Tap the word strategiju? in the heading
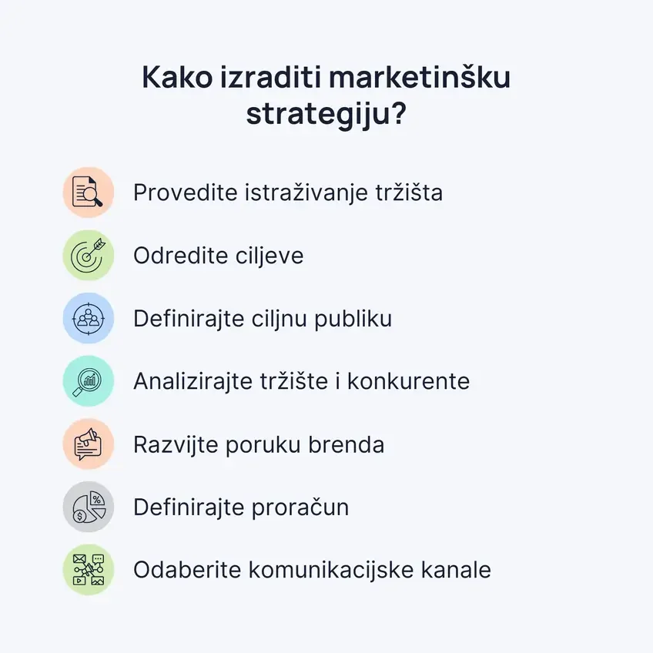tap(326, 115)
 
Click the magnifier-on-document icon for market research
tap(88, 193)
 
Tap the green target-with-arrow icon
tap(88, 256)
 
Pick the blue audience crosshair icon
tap(88, 319)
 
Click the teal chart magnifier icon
tap(88, 382)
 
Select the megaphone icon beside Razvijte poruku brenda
tap(88, 445)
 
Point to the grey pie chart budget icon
tap(88, 508)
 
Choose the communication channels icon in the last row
tap(88, 571)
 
